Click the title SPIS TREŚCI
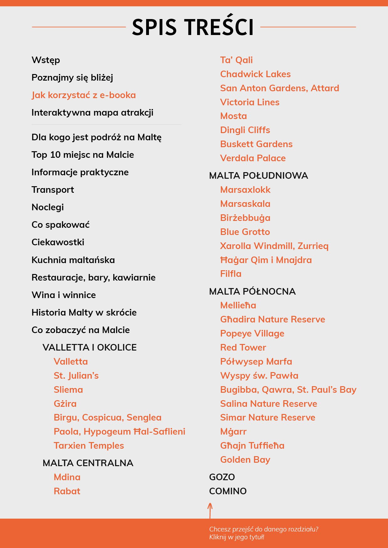click(193, 27)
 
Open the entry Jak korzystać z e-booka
click(84, 95)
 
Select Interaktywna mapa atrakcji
click(92, 112)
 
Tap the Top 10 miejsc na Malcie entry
click(83, 155)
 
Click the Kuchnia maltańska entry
click(73, 260)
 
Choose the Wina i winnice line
click(64, 295)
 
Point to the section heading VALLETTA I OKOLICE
click(89, 347)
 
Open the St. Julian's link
click(76, 376)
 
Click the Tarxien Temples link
click(89, 446)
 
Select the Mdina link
click(67, 477)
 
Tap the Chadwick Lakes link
click(255, 74)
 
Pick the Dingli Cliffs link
click(245, 130)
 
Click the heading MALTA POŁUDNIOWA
click(258, 176)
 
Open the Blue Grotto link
click(245, 232)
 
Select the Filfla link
click(231, 274)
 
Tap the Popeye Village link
click(252, 333)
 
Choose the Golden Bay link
click(245, 460)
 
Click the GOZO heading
click(222, 477)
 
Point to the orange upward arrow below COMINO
click(210, 510)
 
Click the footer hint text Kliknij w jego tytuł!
click(237, 537)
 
